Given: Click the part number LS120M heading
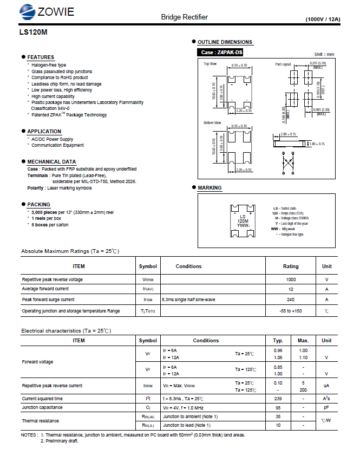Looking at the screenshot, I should [x=33, y=32].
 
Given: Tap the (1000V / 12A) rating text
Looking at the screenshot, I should [x=323, y=19].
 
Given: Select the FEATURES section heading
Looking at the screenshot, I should [x=41, y=57].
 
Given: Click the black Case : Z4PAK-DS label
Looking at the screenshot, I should [x=221, y=53].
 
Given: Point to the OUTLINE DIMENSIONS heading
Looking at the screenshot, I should [x=225, y=42].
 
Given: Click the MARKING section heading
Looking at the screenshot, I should [x=210, y=188].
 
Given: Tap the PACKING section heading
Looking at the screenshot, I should [x=38, y=204].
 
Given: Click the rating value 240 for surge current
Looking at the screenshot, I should [x=291, y=300].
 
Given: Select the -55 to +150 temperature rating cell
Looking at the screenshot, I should [x=291, y=311].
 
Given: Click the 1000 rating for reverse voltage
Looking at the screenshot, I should [x=291, y=279].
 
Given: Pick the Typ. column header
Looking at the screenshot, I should [x=278, y=341].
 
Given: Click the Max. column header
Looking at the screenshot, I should [x=303, y=341].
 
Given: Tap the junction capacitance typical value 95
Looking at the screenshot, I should [x=278, y=407].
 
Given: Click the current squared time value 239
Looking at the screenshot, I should [x=278, y=398].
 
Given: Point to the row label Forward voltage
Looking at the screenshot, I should [x=37, y=362].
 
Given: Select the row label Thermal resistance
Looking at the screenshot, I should [x=39, y=421].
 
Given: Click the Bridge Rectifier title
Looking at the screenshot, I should [x=184, y=17].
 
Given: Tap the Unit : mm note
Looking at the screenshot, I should [x=324, y=54].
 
